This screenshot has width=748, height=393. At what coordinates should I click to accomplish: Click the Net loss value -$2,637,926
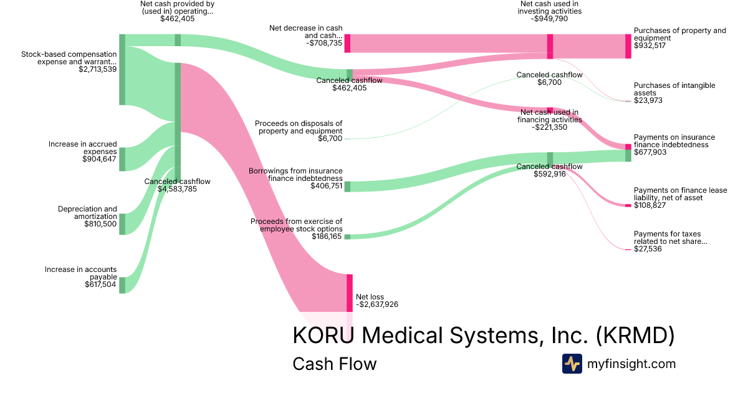pyautogui.click(x=376, y=304)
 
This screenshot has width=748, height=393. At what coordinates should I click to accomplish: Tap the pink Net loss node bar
pyautogui.click(x=349, y=293)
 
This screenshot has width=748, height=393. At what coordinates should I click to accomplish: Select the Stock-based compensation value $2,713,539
pyautogui.click(x=97, y=69)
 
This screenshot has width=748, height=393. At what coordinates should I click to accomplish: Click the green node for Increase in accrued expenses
pyautogui.click(x=122, y=159)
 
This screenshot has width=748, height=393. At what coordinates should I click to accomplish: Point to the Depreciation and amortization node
pyautogui.click(x=122, y=224)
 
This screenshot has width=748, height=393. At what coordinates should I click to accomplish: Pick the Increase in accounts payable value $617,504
pyautogui.click(x=100, y=284)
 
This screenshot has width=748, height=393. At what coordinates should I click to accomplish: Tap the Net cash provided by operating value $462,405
pyautogui.click(x=177, y=19)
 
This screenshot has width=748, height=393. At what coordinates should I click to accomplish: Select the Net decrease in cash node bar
pyautogui.click(x=347, y=44)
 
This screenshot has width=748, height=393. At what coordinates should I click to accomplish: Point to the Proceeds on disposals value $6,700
pyautogui.click(x=330, y=138)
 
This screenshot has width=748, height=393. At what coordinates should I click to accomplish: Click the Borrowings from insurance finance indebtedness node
pyautogui.click(x=347, y=187)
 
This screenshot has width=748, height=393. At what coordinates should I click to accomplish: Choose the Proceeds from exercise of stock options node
pyautogui.click(x=347, y=236)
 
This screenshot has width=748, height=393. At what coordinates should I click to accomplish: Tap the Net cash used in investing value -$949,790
pyautogui.click(x=550, y=19)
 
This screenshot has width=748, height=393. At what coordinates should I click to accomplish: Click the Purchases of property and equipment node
pyautogui.click(x=628, y=46)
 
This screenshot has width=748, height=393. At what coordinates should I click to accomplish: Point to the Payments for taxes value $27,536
pyautogui.click(x=648, y=249)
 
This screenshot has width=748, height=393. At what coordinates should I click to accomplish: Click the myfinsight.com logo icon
pyautogui.click(x=572, y=364)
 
